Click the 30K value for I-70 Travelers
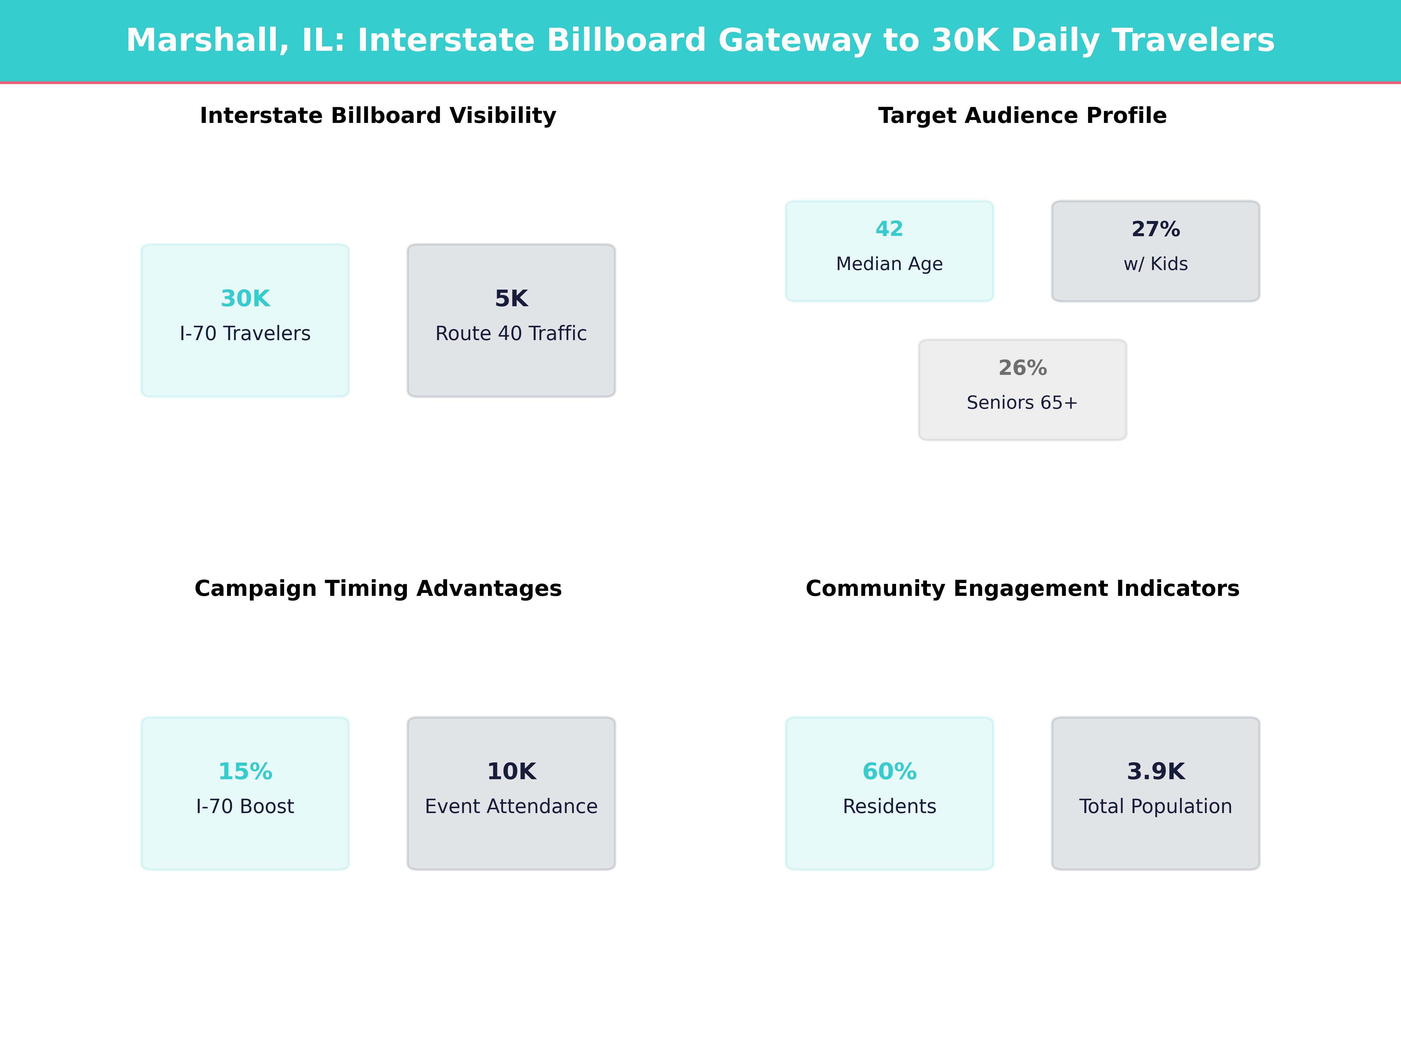(245, 298)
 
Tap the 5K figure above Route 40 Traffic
(511, 298)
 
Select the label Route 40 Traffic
(511, 333)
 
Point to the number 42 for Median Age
(889, 229)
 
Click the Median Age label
(889, 264)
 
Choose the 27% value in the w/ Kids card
(1155, 229)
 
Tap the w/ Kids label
(1155, 264)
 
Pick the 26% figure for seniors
(1022, 368)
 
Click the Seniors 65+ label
(1022, 402)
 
